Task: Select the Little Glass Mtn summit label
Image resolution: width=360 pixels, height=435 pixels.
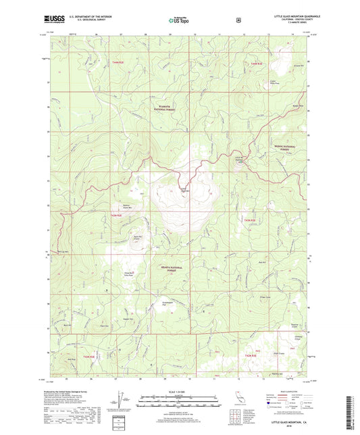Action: click(x=183, y=189)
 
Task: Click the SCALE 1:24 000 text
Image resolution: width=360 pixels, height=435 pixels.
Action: click(x=174, y=392)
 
